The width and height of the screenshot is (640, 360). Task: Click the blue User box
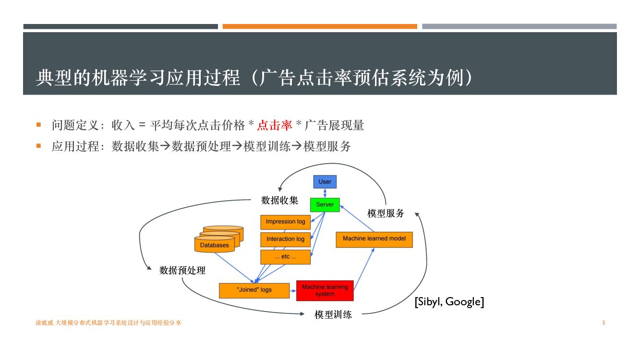click(325, 182)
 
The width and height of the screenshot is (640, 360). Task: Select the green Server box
click(325, 204)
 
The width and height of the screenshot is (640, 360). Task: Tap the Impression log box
click(285, 222)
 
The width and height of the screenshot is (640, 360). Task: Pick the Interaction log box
click(285, 239)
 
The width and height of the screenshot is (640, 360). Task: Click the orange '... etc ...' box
click(285, 257)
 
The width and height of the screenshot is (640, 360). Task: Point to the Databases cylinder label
click(215, 245)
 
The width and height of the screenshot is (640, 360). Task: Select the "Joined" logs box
click(254, 290)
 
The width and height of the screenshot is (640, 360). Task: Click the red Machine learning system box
click(325, 290)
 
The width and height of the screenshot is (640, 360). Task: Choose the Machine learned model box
click(374, 239)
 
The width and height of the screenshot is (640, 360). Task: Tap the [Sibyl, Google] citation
click(449, 301)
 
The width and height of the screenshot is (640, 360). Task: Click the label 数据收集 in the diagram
click(279, 200)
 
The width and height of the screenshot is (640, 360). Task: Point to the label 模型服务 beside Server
click(386, 213)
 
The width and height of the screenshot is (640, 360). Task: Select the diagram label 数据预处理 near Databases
click(182, 270)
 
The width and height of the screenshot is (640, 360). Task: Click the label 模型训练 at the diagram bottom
click(333, 315)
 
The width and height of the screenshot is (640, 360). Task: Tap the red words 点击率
click(275, 126)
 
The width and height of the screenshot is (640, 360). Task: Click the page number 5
click(604, 323)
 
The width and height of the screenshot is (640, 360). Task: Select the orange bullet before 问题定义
click(39, 125)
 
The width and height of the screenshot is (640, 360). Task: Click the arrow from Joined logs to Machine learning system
click(293, 290)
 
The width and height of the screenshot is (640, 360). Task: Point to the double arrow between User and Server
click(325, 193)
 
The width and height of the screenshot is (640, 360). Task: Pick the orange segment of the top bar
click(320, 26)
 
